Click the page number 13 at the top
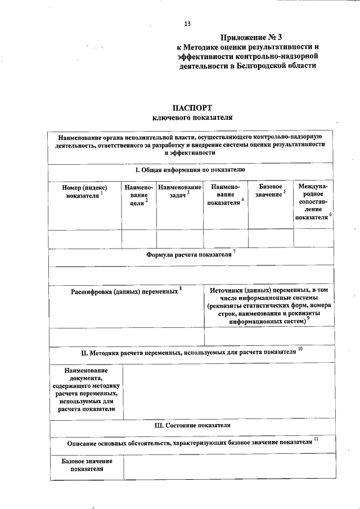click(187, 24)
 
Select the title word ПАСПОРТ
click(192, 108)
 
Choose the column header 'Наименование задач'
click(179, 191)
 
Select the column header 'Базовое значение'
click(271, 190)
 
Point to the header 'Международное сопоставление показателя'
click(313, 201)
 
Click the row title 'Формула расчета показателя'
click(190, 254)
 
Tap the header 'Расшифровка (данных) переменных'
click(125, 292)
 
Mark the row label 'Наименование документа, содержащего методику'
click(86, 390)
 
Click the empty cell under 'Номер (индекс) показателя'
click(85, 238)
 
